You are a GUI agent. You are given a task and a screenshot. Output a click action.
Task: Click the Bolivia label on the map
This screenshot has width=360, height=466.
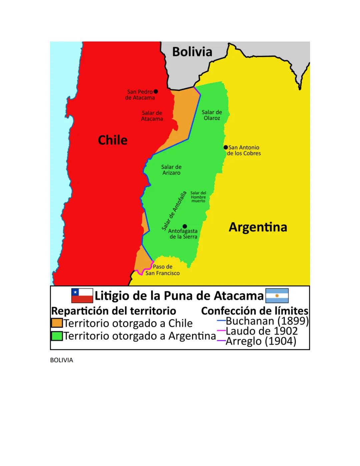click(x=192, y=52)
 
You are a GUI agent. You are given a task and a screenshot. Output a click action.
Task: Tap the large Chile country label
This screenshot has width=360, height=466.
click(x=113, y=140)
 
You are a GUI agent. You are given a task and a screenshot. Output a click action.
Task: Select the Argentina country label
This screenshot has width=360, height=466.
click(x=258, y=227)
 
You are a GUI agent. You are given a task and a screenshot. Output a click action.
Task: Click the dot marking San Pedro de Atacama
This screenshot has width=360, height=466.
click(x=156, y=91)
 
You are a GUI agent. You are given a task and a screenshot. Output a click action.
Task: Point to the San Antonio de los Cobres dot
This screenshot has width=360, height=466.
click(x=226, y=147)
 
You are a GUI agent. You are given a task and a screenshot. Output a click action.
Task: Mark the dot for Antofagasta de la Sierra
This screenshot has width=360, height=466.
click(x=185, y=226)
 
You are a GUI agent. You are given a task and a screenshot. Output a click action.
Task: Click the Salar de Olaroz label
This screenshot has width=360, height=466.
click(x=212, y=115)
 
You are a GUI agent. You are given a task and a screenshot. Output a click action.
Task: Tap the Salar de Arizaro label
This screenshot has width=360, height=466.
click(x=171, y=170)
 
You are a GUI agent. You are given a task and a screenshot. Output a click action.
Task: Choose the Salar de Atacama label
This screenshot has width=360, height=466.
click(x=152, y=116)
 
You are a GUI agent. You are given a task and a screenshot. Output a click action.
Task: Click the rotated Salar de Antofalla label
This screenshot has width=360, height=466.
click(x=174, y=211)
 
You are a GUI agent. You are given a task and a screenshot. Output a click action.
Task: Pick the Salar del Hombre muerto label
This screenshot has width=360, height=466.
click(x=198, y=197)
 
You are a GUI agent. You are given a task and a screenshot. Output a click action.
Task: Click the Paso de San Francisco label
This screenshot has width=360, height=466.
click(x=163, y=270)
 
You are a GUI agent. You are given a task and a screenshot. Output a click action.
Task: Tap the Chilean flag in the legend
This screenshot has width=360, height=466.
click(x=82, y=296)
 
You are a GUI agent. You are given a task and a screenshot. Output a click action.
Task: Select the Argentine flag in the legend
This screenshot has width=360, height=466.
click(x=277, y=296)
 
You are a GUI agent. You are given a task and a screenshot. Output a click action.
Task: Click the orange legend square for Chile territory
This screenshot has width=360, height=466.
click(x=57, y=323)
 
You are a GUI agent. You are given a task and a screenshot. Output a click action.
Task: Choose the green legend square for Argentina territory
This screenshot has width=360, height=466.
click(x=57, y=336)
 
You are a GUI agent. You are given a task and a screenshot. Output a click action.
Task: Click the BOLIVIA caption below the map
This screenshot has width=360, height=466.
click(x=61, y=360)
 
